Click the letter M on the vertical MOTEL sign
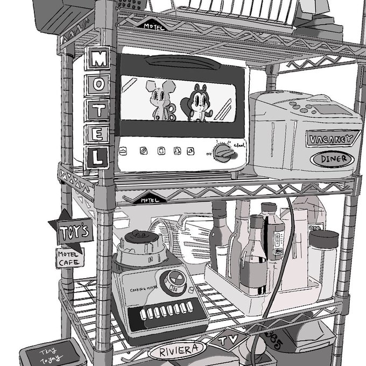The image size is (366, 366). coord(98,59)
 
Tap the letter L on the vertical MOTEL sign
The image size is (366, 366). coord(98,158)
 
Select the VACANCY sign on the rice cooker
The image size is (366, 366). coord(332,139)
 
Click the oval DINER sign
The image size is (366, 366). coord(333,159)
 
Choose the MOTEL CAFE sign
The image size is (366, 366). coord(70,258)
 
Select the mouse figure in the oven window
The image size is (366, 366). coord(162,101)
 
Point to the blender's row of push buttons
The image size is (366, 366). coord(162,312)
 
